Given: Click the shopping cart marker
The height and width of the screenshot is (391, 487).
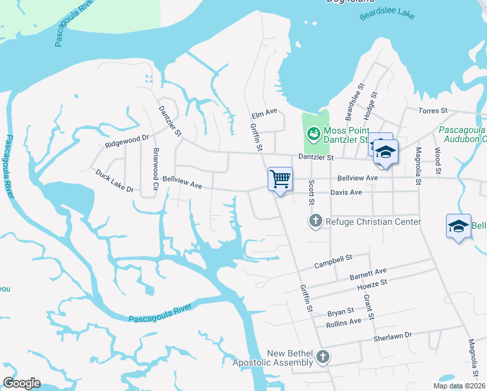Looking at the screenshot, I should (280, 179).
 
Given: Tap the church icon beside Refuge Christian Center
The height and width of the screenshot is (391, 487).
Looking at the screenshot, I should (316, 222).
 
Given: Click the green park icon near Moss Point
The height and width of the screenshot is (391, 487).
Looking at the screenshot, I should (314, 133).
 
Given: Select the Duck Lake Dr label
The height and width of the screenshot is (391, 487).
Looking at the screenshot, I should (114, 182).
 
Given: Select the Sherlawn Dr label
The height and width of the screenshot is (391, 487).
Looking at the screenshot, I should (393, 336).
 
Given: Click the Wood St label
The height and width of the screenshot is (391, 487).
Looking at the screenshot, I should (438, 162).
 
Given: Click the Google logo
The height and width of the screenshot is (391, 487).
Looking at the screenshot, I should (21, 383).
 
